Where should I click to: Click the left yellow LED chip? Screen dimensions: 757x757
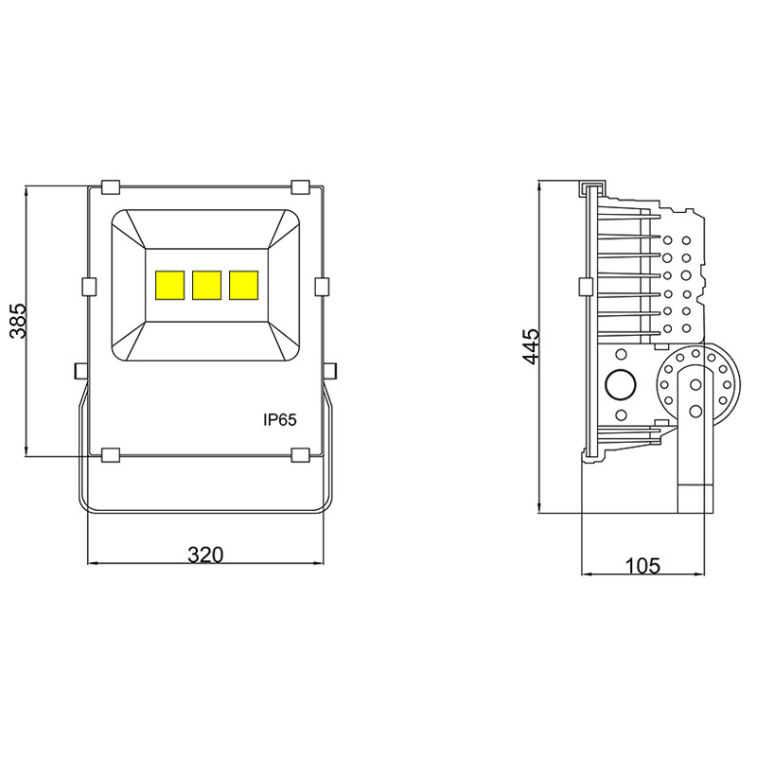tap(169, 285)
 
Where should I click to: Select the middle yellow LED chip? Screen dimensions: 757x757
tap(206, 285)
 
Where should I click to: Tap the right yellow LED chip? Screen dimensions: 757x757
tap(243, 285)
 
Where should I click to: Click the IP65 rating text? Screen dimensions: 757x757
tap(280, 420)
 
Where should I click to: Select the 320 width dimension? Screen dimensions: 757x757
tap(204, 555)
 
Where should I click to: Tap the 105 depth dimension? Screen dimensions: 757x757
tap(643, 566)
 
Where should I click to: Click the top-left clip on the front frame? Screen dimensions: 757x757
tap(110, 185)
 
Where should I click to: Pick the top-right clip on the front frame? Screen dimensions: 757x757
tap(302, 185)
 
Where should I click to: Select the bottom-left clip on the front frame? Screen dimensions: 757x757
tap(110, 455)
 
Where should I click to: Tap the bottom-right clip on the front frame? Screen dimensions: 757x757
tap(302, 455)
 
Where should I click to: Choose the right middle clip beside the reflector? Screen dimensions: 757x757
tap(321, 286)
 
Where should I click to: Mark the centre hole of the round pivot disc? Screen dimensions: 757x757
tap(695, 384)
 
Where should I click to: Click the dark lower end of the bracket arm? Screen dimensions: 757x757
tap(695, 498)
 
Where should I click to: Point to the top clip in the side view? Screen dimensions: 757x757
tap(591, 183)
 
